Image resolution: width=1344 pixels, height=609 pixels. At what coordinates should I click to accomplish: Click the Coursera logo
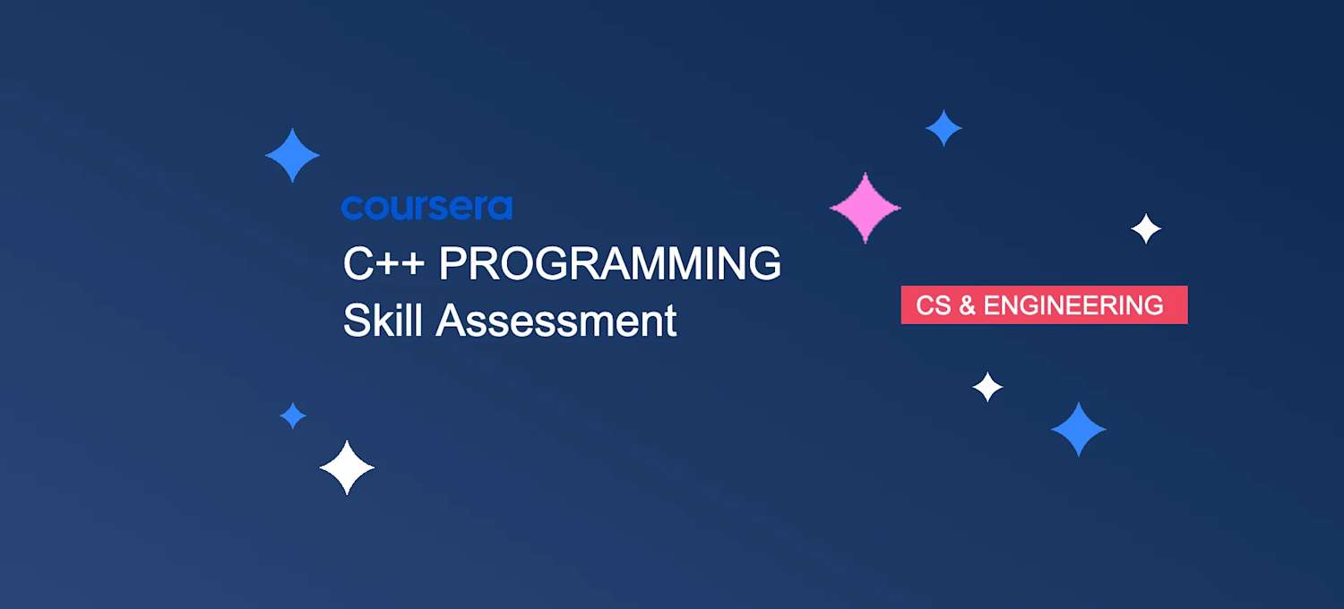426,208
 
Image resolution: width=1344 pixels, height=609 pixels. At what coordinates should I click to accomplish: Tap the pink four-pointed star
865,208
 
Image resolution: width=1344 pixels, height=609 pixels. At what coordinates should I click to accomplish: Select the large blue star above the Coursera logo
292,156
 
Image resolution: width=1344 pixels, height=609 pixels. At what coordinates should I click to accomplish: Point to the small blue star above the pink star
943,128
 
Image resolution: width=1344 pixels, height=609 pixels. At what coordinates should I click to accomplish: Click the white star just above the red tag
1146,229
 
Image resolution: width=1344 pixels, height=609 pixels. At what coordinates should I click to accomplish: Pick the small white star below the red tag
987,387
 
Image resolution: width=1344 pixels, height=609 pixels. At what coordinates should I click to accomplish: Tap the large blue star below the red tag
1078,430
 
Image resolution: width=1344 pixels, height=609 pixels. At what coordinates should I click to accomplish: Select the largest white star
347,467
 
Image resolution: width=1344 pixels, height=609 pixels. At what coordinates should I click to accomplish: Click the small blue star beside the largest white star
293,416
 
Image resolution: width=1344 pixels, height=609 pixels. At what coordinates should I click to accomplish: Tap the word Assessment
556,321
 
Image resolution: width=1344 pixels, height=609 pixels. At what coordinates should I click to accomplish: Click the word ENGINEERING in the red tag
1073,305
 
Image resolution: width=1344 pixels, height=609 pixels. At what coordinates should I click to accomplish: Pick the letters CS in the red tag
933,305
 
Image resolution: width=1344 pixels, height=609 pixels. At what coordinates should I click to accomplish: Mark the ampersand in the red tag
967,305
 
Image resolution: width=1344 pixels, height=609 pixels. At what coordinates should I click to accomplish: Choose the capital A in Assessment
451,321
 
